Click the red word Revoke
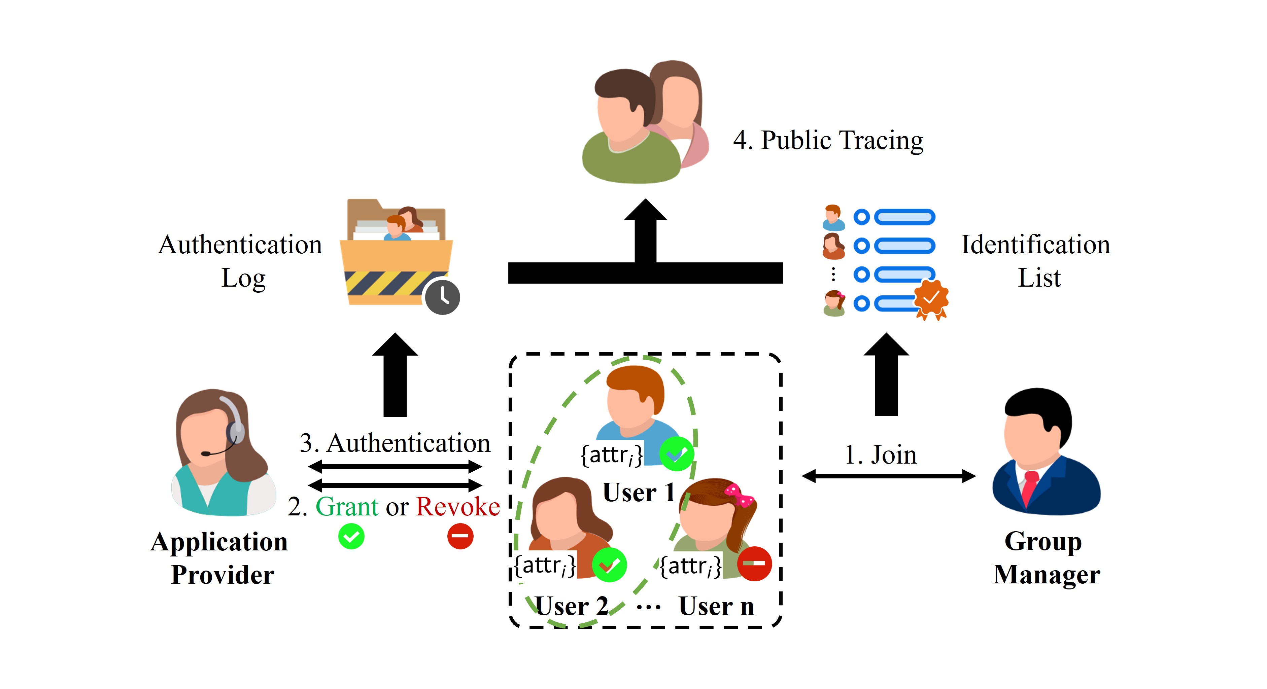point(458,507)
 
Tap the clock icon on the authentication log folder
point(442,297)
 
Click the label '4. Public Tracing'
point(828,141)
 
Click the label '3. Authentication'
point(395,443)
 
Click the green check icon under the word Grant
point(351,536)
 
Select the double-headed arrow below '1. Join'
point(888,476)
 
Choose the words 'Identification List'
point(1036,261)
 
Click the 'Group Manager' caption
point(1046,558)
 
